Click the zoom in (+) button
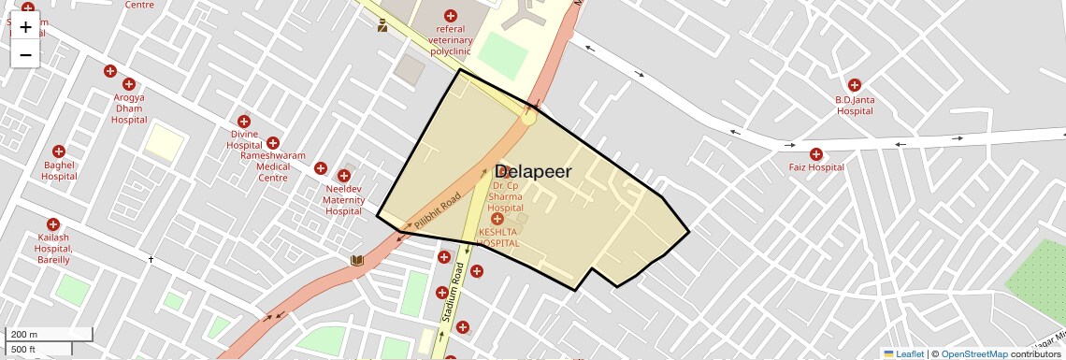coord(25,27)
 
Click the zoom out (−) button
coord(25,54)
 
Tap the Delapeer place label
coord(532,171)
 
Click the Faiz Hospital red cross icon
coord(816,154)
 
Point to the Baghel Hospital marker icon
coord(59,151)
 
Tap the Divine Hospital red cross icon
coord(244,122)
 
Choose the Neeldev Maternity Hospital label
coord(343,199)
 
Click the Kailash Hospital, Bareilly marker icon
coord(53,224)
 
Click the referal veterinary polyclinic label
coord(451,40)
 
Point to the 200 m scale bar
coord(49,334)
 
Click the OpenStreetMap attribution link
coord(973,353)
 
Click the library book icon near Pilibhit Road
coord(356,261)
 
